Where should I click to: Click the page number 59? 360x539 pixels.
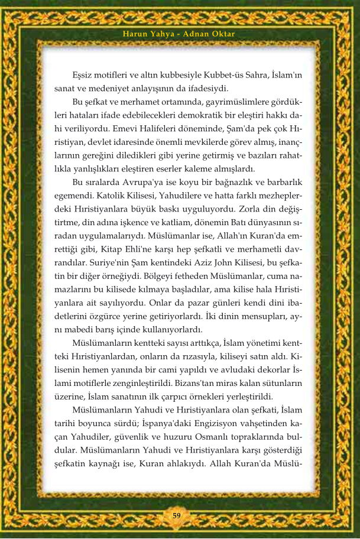(x=176, y=515)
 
